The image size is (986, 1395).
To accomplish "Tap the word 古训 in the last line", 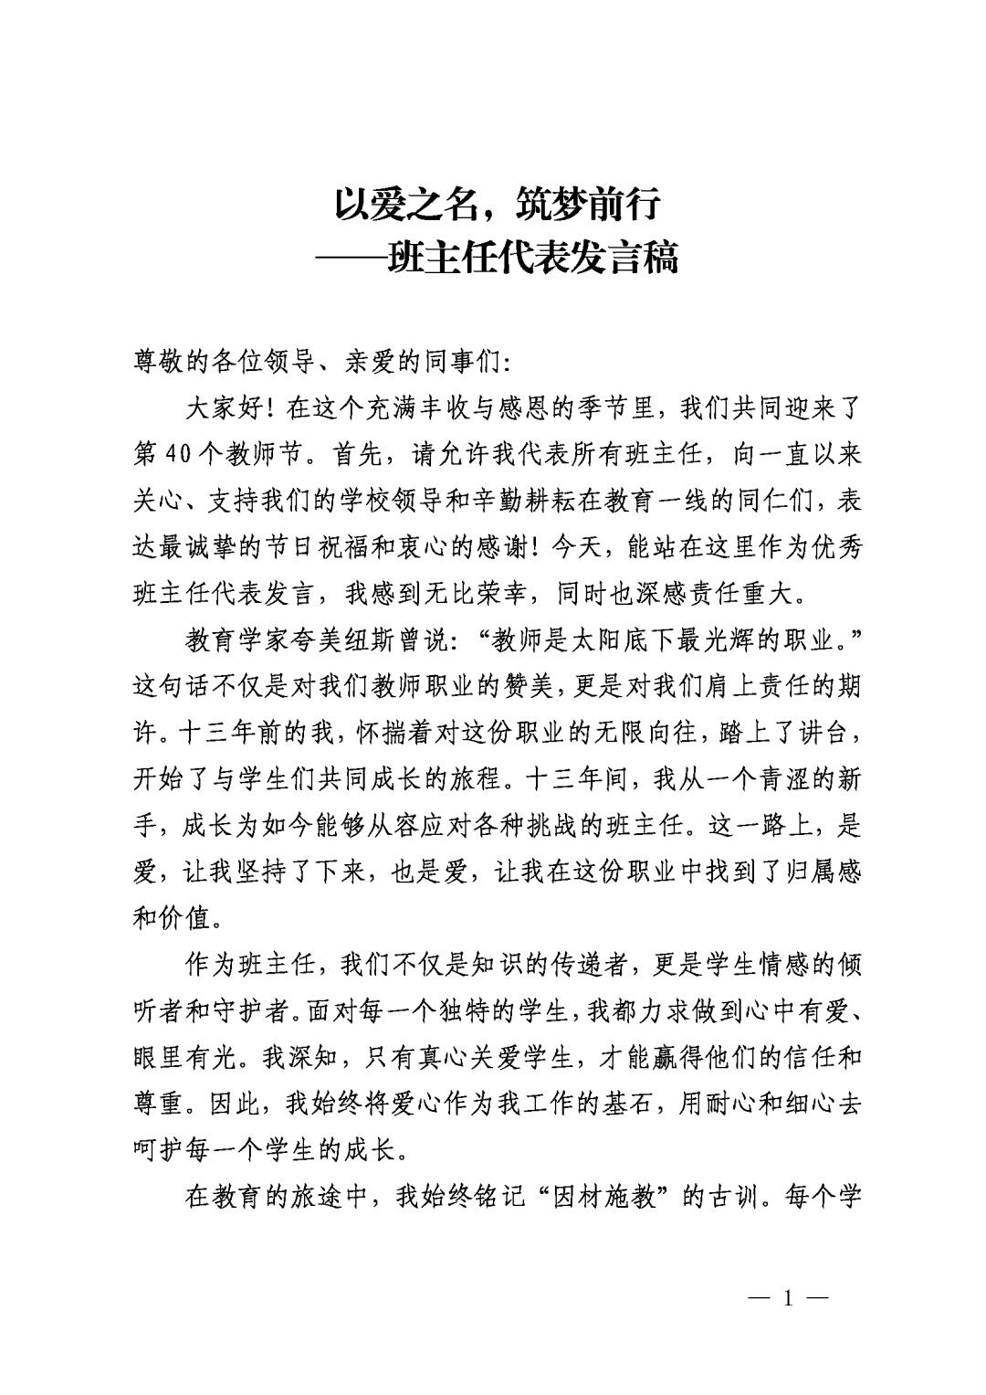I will (735, 1197).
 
